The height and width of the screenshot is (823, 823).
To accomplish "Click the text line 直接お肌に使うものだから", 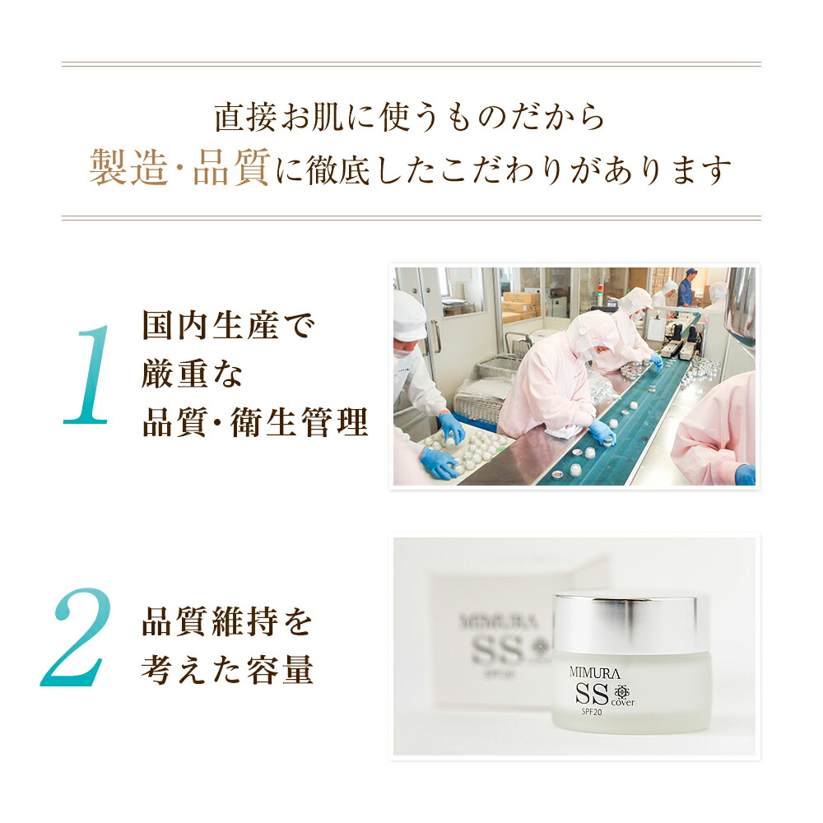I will click(410, 117).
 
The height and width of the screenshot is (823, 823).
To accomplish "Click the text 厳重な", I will click(194, 374).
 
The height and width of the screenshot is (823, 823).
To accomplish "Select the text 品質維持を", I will click(227, 621).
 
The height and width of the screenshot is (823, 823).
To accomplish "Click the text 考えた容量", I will click(227, 670).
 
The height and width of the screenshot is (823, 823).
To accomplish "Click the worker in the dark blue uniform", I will click(686, 287).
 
